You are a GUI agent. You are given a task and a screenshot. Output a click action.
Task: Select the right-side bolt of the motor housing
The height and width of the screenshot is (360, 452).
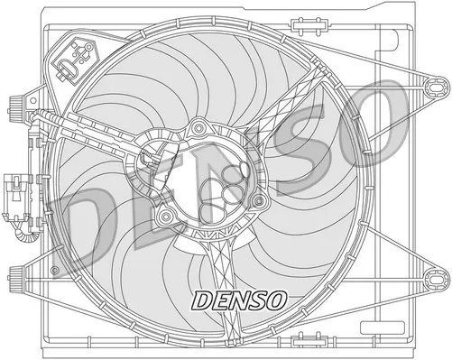point(259,199)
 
